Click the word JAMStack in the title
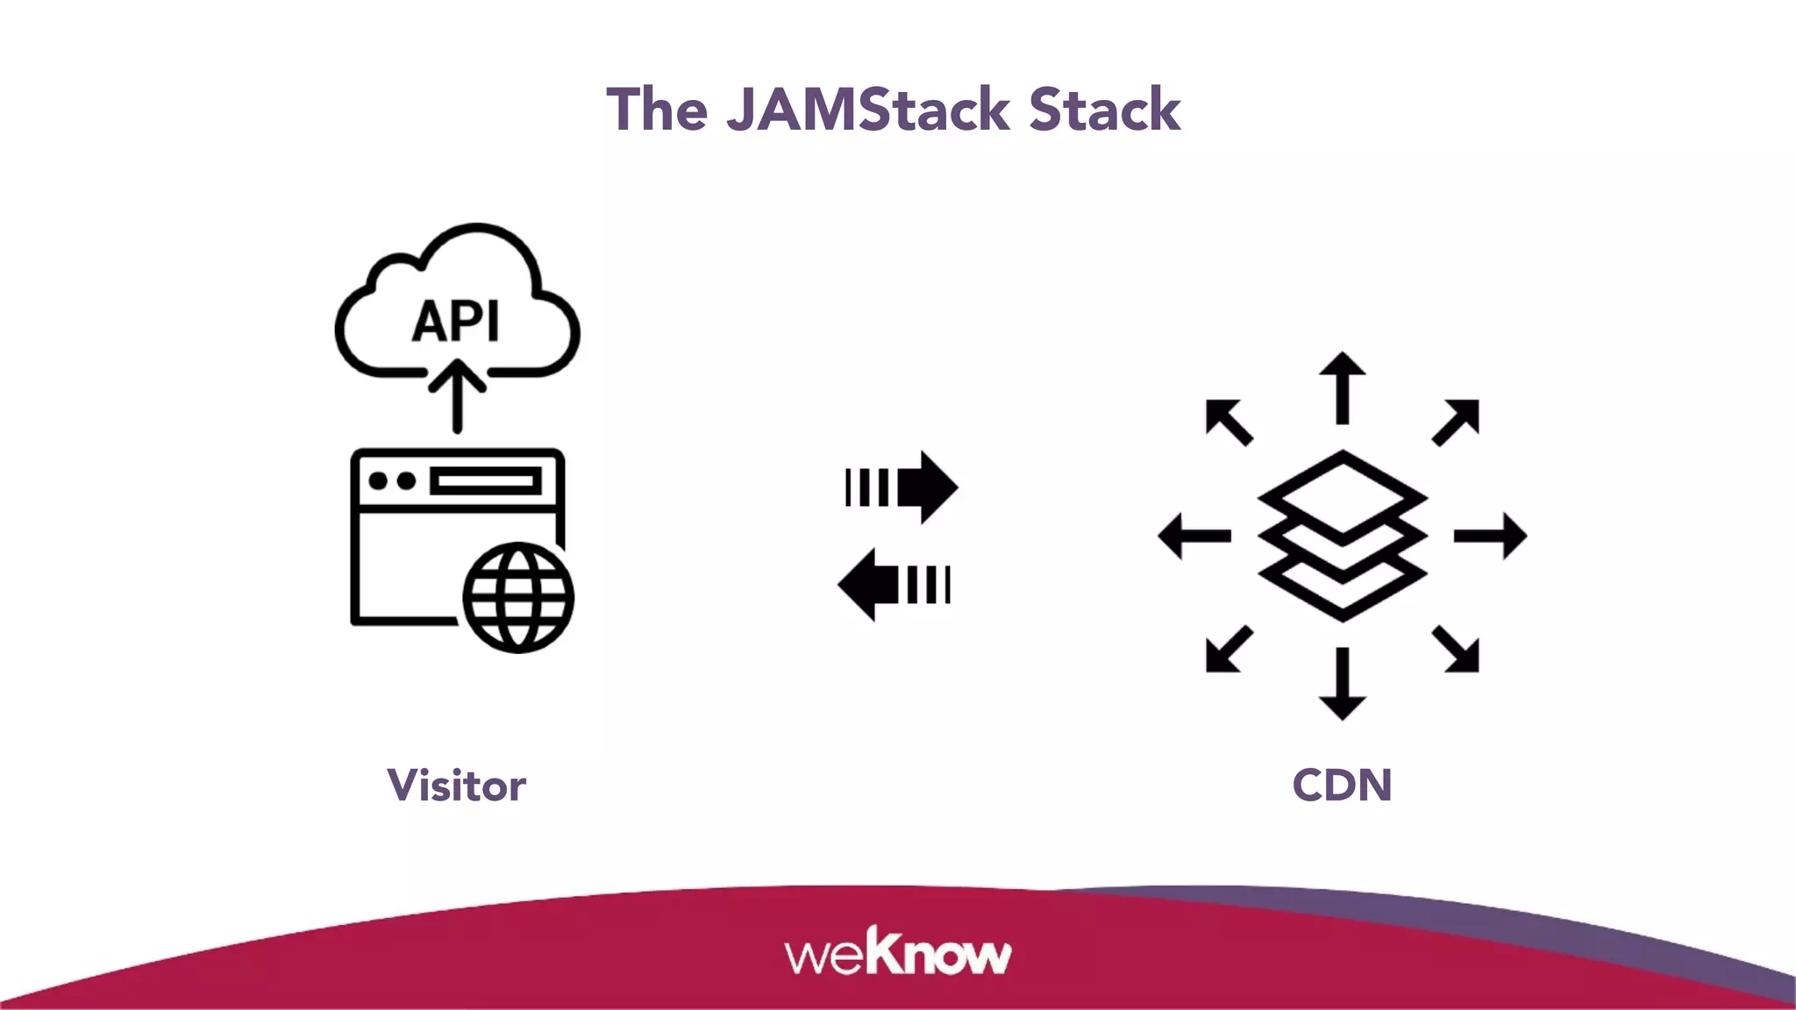[x=868, y=110]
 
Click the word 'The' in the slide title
[x=657, y=110]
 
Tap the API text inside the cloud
[x=456, y=321]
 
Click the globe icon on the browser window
[x=517, y=597]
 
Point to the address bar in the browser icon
[x=485, y=481]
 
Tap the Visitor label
[x=456, y=785]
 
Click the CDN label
[x=1342, y=785]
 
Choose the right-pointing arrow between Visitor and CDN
[x=902, y=487]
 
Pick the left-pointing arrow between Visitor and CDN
[x=894, y=585]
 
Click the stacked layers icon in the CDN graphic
[x=1343, y=536]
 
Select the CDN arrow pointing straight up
[x=1343, y=388]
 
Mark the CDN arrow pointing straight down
[x=1343, y=684]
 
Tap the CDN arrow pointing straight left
[x=1194, y=536]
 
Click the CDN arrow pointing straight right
[x=1490, y=536]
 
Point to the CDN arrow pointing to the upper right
[x=1457, y=422]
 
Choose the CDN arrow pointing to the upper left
[x=1229, y=422]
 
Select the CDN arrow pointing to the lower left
[x=1229, y=650]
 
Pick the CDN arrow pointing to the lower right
[x=1457, y=650]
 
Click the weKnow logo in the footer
[x=898, y=952]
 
